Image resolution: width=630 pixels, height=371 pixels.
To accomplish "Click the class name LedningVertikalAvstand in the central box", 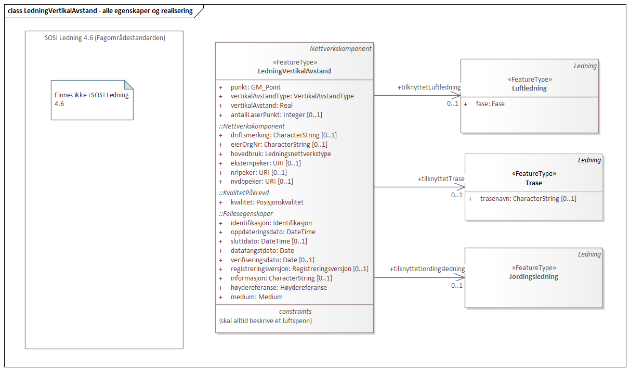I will pyautogui.click(x=294, y=71).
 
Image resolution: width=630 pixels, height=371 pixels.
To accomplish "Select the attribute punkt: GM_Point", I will pyautogui.click(x=255, y=87).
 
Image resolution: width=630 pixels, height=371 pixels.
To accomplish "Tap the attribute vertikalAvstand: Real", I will pyautogui.click(x=261, y=106).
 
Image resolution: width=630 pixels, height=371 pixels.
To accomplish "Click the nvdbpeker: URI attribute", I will pyautogui.click(x=261, y=182).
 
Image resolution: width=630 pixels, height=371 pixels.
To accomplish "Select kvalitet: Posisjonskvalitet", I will pyautogui.click(x=267, y=202).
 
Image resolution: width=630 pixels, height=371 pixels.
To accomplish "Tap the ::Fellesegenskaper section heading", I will pyautogui.click(x=246, y=213).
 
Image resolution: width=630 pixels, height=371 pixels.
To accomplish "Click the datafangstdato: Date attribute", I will pyautogui.click(x=262, y=251).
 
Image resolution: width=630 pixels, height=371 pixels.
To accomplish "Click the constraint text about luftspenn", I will pyautogui.click(x=266, y=321).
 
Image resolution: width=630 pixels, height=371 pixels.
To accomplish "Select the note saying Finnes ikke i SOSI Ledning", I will pyautogui.click(x=91, y=99).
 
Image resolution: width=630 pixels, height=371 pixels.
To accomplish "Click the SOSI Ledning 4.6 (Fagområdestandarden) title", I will pyautogui.click(x=104, y=37).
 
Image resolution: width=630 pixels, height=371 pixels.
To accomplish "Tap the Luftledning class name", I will pyautogui.click(x=529, y=88).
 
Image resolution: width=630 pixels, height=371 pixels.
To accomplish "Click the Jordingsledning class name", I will pyautogui.click(x=533, y=277).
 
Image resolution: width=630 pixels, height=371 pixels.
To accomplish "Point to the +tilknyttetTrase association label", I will pyautogui.click(x=441, y=179).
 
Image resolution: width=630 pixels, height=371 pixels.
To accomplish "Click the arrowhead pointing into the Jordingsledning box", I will pyautogui.click(x=461, y=277).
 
